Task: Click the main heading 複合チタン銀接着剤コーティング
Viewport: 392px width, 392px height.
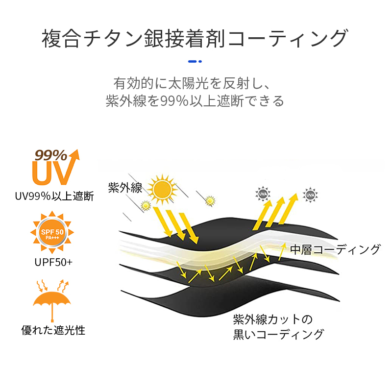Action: pos(195,38)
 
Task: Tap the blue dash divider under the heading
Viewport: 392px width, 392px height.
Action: pos(195,61)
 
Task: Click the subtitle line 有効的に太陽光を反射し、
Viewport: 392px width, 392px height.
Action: pos(192,83)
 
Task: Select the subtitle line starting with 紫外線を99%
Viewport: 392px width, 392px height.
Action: pos(195,101)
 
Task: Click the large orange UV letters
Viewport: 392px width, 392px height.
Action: pos(53,172)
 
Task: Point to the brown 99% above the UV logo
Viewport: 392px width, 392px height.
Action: pos(51,155)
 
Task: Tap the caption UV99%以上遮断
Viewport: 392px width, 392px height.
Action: pos(54,196)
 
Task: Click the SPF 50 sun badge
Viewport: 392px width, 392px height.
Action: pos(52,232)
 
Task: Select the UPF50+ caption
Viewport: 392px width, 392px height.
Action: pos(53,262)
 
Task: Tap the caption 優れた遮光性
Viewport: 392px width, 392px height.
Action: pos(53,330)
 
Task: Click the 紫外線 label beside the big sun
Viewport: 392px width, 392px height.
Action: pos(125,188)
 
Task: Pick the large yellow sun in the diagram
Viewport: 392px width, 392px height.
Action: pos(162,189)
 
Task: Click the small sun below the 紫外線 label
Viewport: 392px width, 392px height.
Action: pos(146,205)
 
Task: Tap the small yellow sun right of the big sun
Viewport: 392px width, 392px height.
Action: pos(210,201)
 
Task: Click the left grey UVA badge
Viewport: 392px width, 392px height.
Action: pos(263,194)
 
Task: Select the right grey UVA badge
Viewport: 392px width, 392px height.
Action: pos(310,195)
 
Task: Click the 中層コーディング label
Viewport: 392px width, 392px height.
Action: pos(335,249)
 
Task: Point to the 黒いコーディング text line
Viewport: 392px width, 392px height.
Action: pos(278,334)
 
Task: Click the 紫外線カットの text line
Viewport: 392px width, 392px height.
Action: pos(273,319)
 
